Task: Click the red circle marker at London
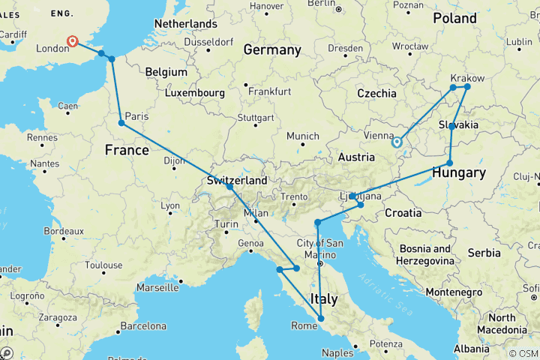click(73, 42)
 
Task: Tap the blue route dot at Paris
click(121, 123)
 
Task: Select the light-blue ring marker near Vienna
click(397, 141)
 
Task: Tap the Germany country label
click(271, 50)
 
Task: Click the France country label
click(127, 150)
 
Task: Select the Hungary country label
click(459, 173)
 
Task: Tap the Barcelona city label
click(144, 325)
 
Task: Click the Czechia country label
click(376, 94)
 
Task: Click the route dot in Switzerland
click(229, 185)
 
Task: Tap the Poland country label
click(454, 18)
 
